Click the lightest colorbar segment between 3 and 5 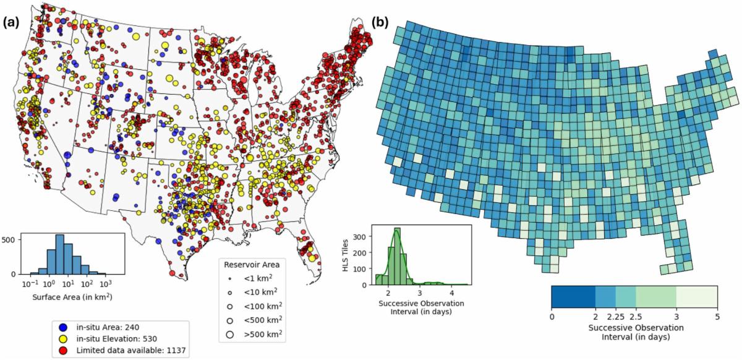(697, 297)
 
